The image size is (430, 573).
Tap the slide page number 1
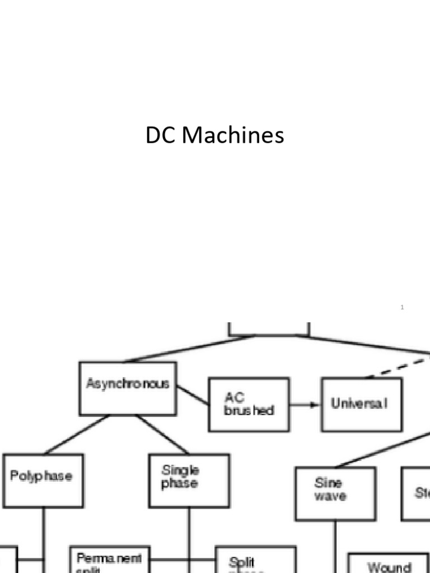402,307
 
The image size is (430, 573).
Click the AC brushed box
249,404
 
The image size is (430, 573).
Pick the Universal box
361,404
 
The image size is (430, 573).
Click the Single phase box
189,480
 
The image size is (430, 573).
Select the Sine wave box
335,493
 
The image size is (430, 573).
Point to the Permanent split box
109,560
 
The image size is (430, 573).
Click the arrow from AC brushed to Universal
305,404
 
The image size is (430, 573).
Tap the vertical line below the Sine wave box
335,546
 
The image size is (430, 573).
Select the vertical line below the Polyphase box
43,532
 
